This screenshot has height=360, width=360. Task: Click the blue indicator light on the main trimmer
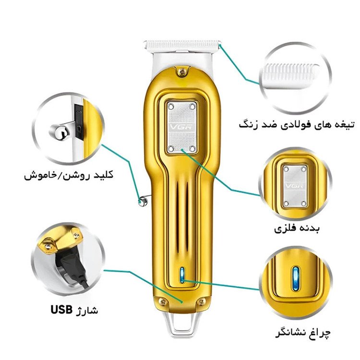point(182,275)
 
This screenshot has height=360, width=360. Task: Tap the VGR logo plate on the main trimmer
point(182,127)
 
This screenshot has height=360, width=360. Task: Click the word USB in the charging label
point(61,310)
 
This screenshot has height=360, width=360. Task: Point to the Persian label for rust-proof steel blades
point(297,125)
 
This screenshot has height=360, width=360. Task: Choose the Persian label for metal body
point(297,228)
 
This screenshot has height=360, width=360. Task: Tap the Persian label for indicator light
point(303,333)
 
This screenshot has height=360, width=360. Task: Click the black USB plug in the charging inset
point(72,266)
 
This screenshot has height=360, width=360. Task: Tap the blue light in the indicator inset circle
point(296,278)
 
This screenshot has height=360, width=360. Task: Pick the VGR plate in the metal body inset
point(295,186)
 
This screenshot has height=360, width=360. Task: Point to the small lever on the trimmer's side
point(144,201)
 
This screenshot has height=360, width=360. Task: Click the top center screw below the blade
point(182,72)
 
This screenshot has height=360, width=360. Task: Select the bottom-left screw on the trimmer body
point(163,301)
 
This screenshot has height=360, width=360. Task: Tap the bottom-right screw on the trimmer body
point(202,302)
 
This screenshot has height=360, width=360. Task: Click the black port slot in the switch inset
point(79,122)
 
